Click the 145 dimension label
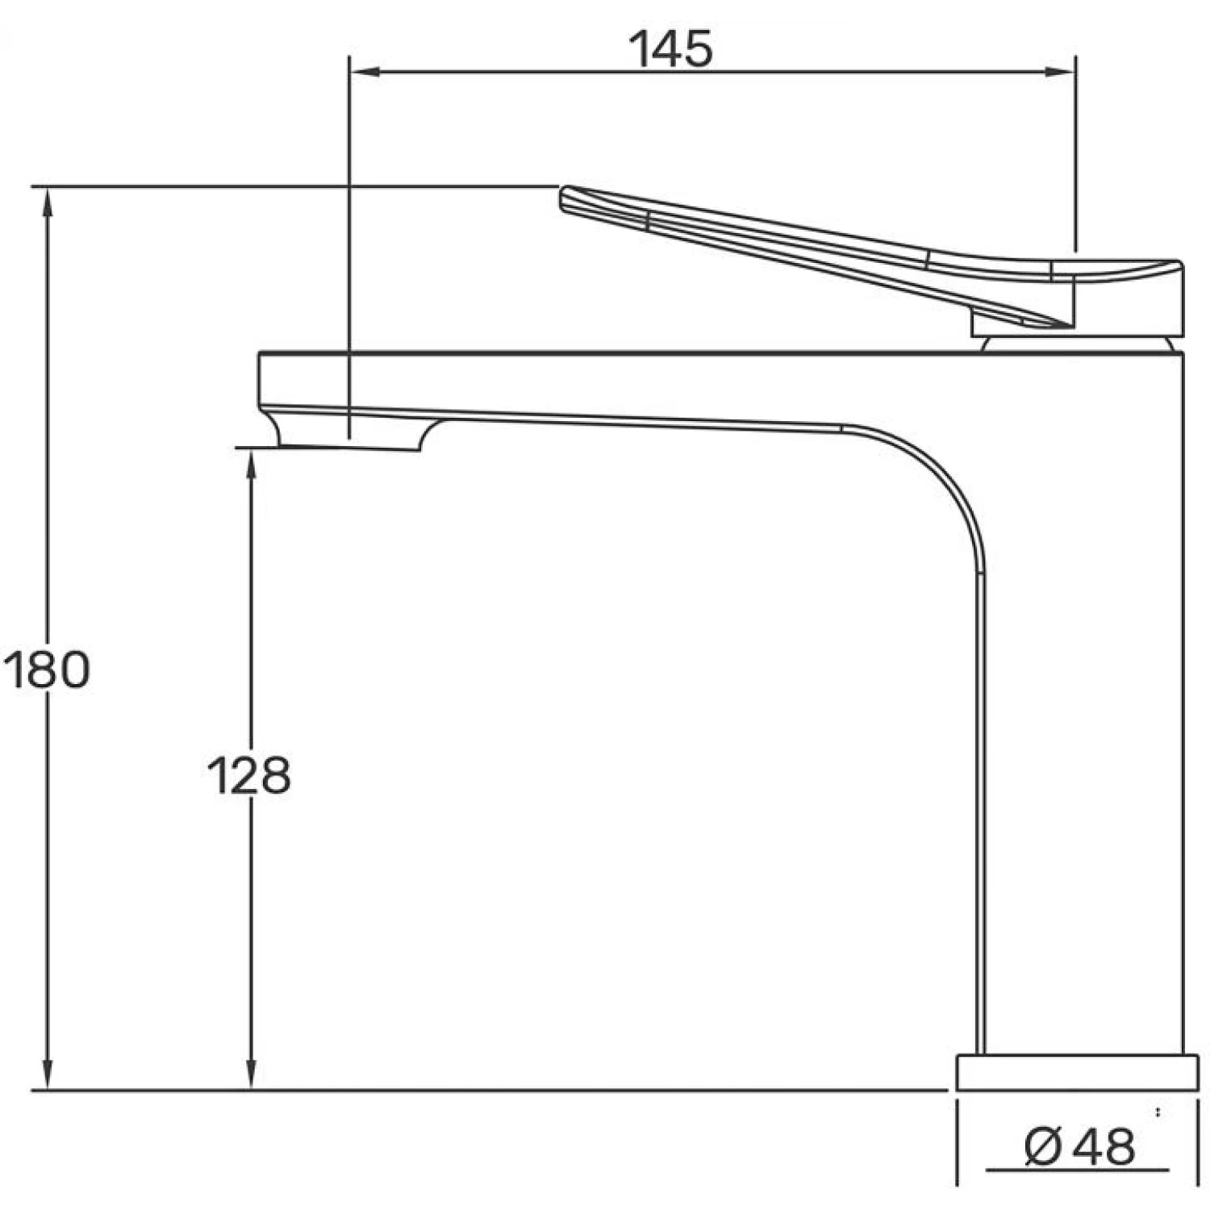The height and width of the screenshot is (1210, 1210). (x=670, y=49)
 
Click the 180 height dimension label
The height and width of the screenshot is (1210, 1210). (x=47, y=670)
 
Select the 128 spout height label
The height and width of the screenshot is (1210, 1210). (x=248, y=775)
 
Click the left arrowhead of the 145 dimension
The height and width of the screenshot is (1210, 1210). (x=363, y=73)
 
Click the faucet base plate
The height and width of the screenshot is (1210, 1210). (x=1077, y=1072)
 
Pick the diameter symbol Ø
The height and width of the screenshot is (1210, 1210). (x=1042, y=1146)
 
